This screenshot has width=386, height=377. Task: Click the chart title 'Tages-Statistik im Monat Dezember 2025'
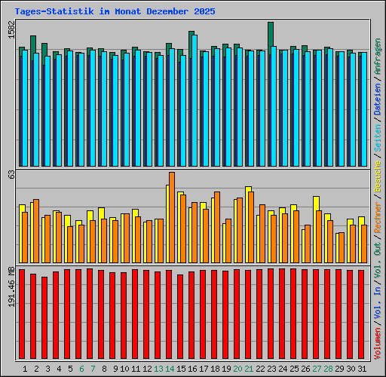point(115,12)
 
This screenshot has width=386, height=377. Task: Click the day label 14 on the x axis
point(170,369)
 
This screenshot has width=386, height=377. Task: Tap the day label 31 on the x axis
point(362,369)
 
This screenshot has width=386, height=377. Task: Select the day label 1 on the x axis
point(25,369)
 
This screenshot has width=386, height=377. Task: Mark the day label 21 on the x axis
point(249,369)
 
